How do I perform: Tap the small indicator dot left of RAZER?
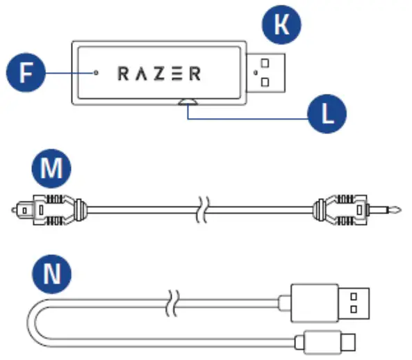(x=96, y=73)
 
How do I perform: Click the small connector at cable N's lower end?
(x=328, y=341)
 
